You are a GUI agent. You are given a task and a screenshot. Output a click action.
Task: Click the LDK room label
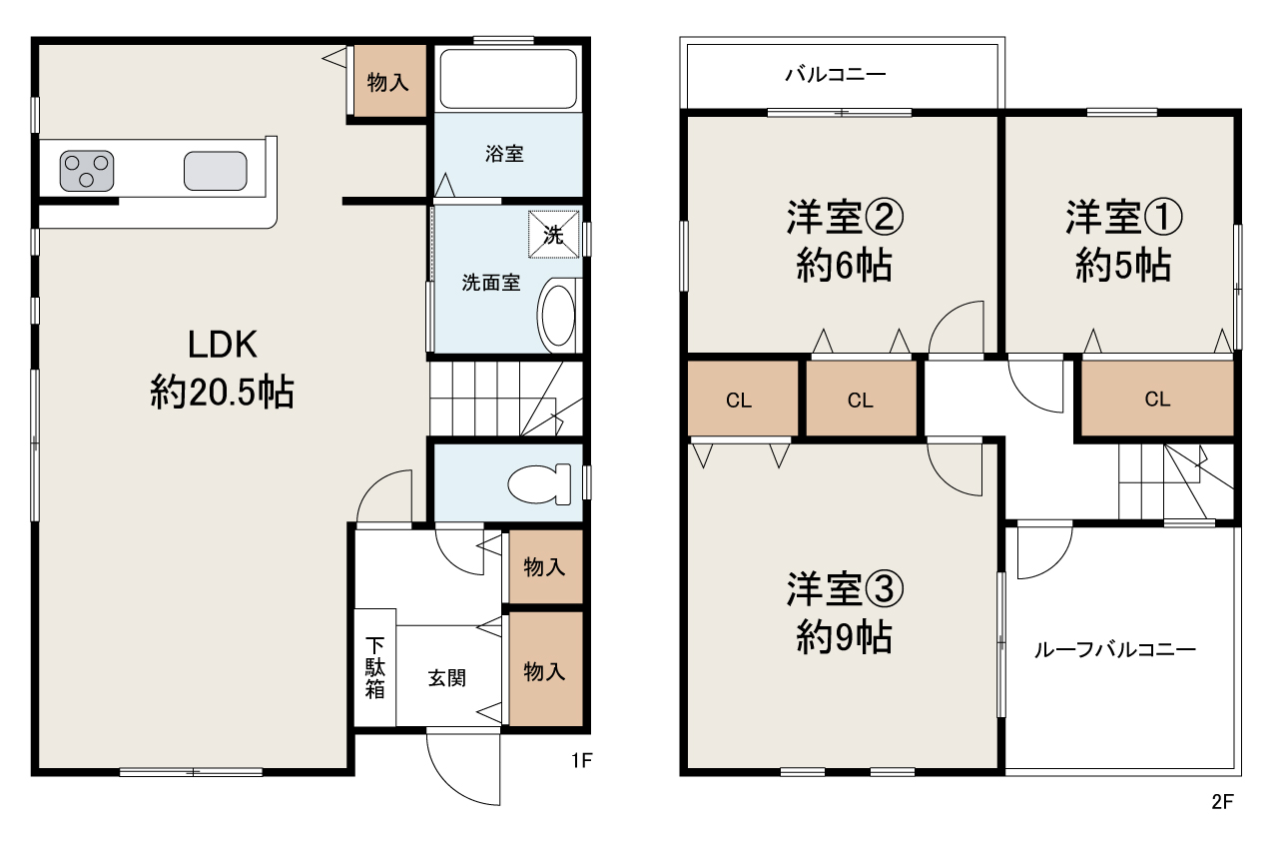[x=222, y=345]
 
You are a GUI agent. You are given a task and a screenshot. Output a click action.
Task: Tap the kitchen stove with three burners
[x=87, y=171]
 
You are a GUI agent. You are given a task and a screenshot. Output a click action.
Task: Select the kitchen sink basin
[x=215, y=171]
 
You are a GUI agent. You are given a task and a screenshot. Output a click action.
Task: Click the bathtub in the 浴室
[x=508, y=79]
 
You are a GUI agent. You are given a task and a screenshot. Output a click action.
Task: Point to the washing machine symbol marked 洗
[x=553, y=235]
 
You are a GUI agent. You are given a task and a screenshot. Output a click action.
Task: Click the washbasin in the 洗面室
[x=557, y=316]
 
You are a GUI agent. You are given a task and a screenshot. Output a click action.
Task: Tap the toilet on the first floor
[x=539, y=484]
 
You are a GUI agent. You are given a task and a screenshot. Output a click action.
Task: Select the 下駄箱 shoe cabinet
[x=374, y=667]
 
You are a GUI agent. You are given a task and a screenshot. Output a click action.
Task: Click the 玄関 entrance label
[x=447, y=678]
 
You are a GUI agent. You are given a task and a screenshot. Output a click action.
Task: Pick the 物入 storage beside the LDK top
[x=388, y=82]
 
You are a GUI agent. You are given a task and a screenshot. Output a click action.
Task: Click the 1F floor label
[x=582, y=760]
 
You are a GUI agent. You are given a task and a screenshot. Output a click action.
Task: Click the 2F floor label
[x=1222, y=802]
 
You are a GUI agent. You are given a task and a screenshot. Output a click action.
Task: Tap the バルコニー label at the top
[x=836, y=74]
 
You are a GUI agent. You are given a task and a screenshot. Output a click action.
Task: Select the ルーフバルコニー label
[x=1115, y=650]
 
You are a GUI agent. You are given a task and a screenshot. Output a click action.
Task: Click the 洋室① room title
[x=1123, y=217]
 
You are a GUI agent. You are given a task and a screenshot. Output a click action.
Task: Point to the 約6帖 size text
[x=844, y=266]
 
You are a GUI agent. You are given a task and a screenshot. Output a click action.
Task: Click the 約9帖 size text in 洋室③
[x=844, y=637]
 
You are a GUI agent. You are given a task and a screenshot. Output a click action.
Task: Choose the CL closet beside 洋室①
[x=1157, y=399]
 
